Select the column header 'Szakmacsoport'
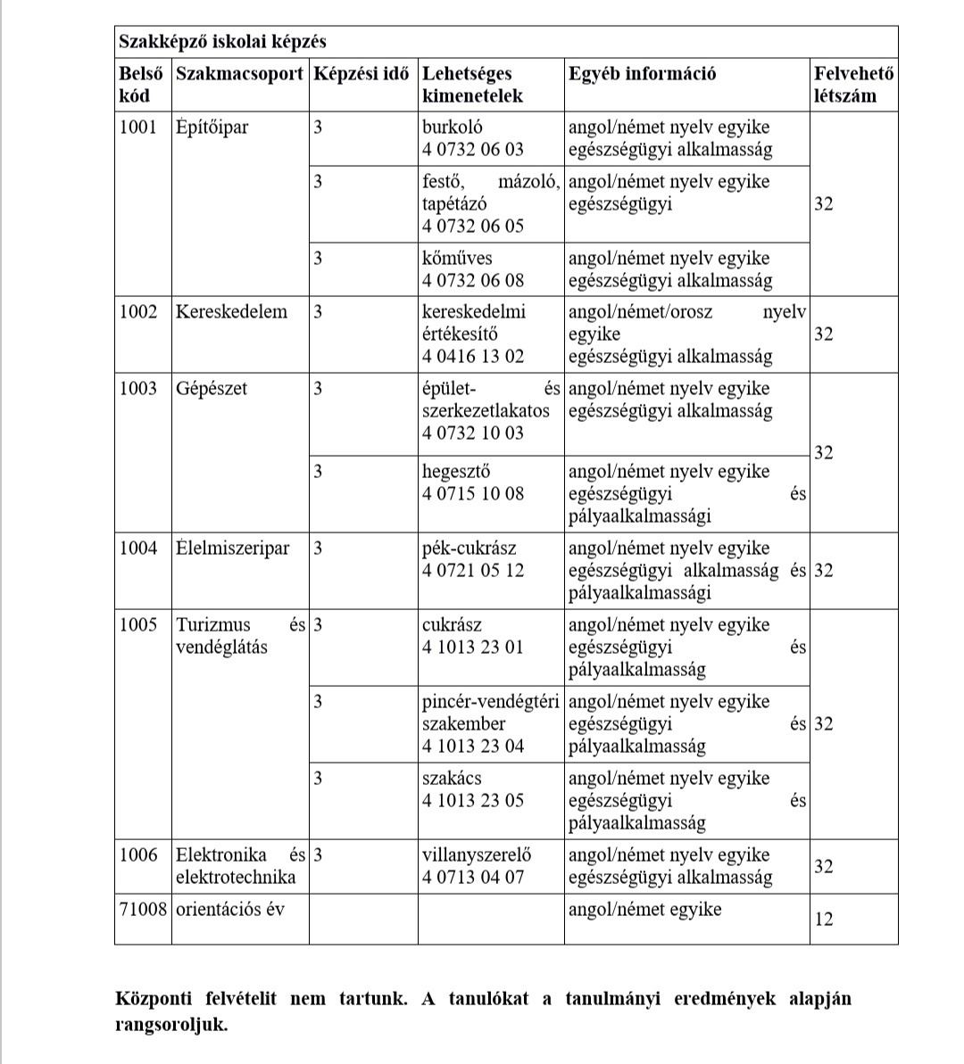click(x=239, y=74)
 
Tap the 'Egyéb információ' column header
click(x=642, y=74)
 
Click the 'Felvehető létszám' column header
click(x=852, y=85)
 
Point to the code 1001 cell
click(x=138, y=127)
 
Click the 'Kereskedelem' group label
click(x=232, y=311)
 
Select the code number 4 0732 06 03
click(x=473, y=149)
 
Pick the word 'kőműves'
click(x=457, y=258)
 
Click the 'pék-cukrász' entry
click(x=469, y=548)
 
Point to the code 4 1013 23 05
click(x=473, y=800)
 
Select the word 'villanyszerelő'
click(x=477, y=854)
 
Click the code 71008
click(x=144, y=909)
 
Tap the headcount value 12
click(x=824, y=918)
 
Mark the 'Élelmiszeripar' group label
click(x=233, y=548)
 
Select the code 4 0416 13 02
click(x=473, y=356)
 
